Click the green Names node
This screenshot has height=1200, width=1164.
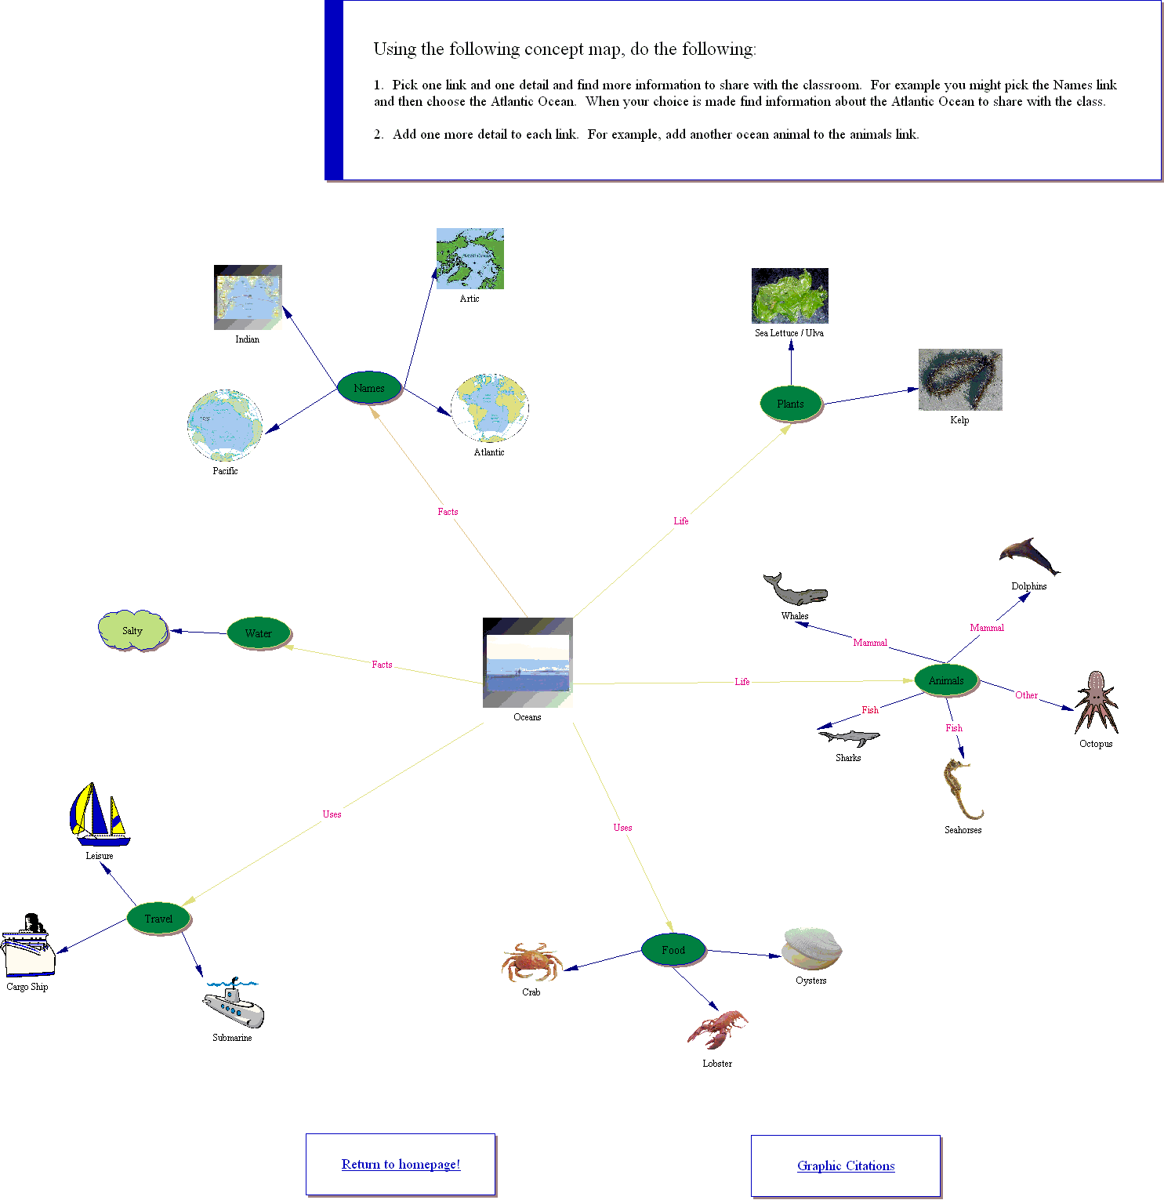click(369, 387)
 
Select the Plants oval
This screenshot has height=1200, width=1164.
click(790, 404)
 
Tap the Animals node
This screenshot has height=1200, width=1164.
click(946, 680)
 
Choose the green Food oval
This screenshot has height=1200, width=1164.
click(673, 950)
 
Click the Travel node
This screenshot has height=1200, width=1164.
click(158, 919)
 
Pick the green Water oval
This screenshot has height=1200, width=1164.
click(259, 633)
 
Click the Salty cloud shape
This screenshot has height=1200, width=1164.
click(132, 631)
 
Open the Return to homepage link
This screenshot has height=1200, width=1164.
click(401, 1164)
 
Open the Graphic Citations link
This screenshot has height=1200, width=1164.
click(846, 1166)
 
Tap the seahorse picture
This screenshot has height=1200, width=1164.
click(961, 789)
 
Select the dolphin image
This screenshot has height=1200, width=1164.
click(1028, 556)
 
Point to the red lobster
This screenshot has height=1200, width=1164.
click(717, 1029)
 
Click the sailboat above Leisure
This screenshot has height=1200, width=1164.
click(99, 814)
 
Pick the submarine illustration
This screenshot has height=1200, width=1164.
click(234, 1005)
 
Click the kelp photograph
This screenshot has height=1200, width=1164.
click(960, 380)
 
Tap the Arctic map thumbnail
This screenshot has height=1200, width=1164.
click(470, 259)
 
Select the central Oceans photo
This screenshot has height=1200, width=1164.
click(528, 662)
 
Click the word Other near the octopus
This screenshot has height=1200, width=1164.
click(1026, 695)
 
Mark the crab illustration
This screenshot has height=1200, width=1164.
click(531, 963)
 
